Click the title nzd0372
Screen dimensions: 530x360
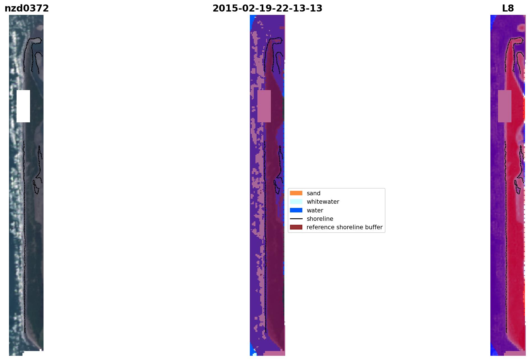click(x=27, y=8)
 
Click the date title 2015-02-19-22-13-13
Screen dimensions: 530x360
click(x=267, y=8)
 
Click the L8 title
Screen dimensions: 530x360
click(x=508, y=8)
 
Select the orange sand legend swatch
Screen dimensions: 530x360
click(x=296, y=193)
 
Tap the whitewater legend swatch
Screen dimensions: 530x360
click(x=296, y=201)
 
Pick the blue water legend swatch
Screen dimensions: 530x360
click(x=296, y=210)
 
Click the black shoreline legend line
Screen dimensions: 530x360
click(x=296, y=219)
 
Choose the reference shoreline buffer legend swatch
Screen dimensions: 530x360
click(x=296, y=227)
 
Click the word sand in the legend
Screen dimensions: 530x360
click(x=314, y=193)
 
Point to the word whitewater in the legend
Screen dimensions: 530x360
click(x=323, y=202)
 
